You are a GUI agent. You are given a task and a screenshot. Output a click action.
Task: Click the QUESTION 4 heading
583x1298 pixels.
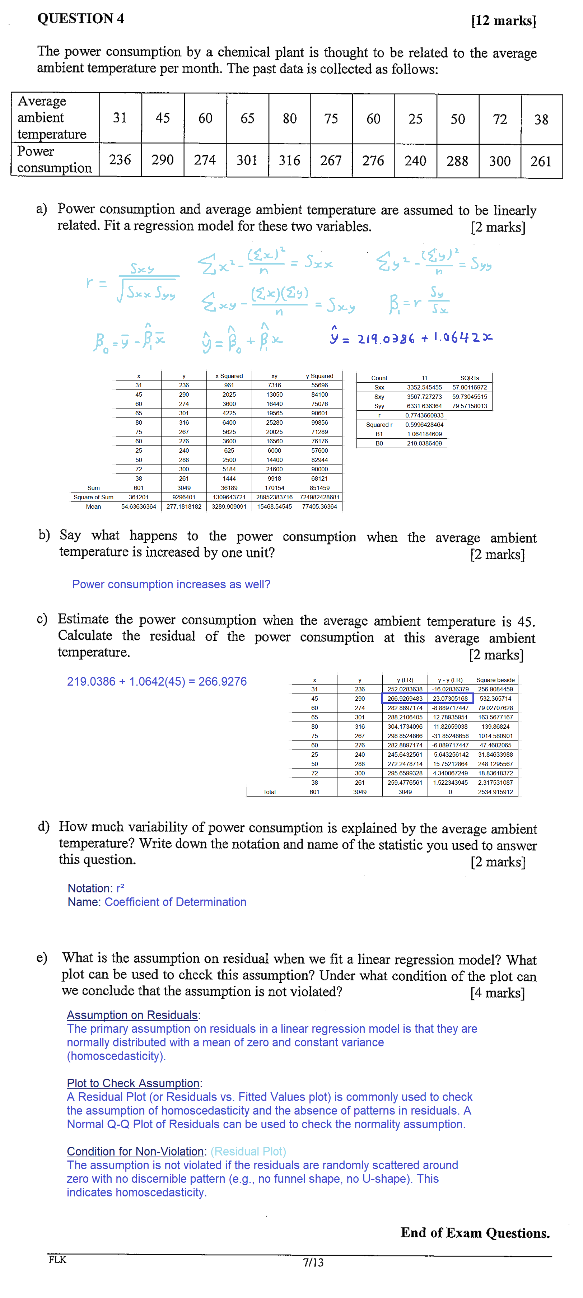click(81, 19)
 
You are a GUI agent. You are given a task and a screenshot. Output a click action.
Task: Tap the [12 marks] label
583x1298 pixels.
click(503, 21)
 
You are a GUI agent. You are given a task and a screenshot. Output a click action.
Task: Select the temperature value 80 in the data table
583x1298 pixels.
click(289, 118)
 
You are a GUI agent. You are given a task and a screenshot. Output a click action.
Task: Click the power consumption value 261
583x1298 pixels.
click(541, 161)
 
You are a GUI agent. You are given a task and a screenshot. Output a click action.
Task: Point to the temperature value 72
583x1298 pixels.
click(499, 120)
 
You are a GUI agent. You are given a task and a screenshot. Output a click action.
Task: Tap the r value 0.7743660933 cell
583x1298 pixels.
click(424, 415)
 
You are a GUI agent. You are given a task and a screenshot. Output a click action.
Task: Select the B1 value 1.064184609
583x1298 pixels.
click(424, 434)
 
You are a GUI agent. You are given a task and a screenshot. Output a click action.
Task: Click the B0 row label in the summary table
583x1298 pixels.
click(379, 443)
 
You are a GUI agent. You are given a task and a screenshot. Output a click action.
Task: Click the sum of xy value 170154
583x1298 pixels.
click(274, 488)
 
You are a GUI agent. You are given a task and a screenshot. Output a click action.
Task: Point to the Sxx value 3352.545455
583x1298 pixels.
click(424, 387)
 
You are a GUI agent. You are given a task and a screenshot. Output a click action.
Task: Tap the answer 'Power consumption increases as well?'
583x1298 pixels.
click(171, 584)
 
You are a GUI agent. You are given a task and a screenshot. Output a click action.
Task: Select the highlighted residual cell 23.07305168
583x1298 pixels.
click(450, 699)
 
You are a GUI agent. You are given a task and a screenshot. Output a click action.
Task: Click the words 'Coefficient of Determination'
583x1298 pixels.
click(175, 902)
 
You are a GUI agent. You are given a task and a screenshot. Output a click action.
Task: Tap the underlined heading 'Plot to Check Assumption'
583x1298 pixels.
click(134, 1083)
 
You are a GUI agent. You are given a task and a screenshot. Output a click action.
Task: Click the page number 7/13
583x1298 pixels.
click(313, 1262)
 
